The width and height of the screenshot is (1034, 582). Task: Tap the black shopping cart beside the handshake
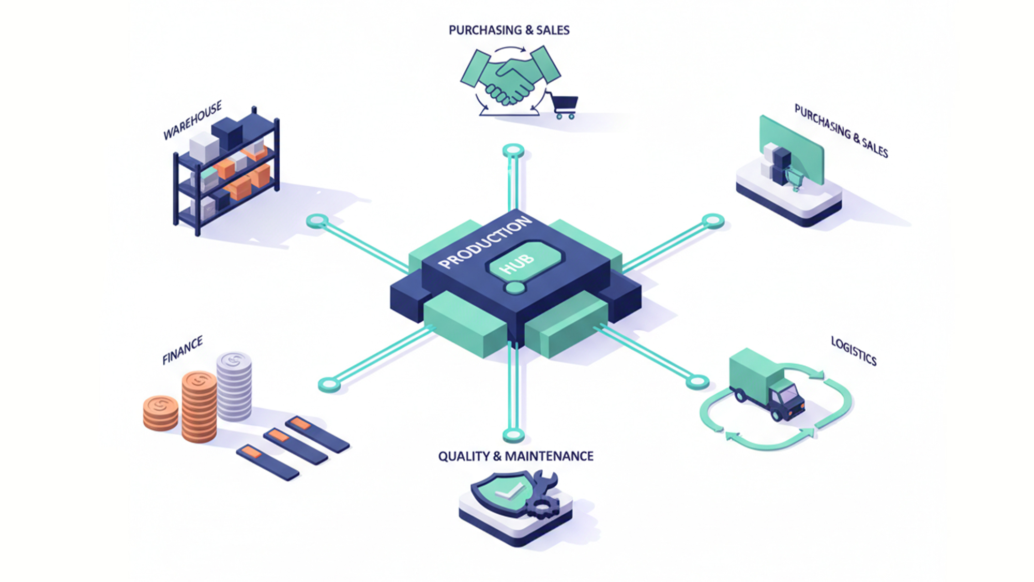(x=564, y=106)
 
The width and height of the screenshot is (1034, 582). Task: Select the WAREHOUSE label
(x=192, y=121)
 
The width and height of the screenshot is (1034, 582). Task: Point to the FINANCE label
(x=183, y=350)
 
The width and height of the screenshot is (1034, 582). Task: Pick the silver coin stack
(x=234, y=385)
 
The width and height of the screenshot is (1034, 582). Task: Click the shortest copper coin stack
(x=161, y=412)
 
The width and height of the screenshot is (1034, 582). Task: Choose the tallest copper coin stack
(x=199, y=406)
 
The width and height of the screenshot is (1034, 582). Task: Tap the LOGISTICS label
(x=854, y=351)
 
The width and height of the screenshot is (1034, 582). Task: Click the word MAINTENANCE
(x=549, y=456)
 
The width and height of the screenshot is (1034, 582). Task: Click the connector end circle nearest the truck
(x=697, y=382)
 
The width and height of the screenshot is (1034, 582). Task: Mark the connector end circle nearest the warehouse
(x=317, y=221)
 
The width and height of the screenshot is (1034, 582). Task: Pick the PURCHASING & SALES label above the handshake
(x=509, y=31)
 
